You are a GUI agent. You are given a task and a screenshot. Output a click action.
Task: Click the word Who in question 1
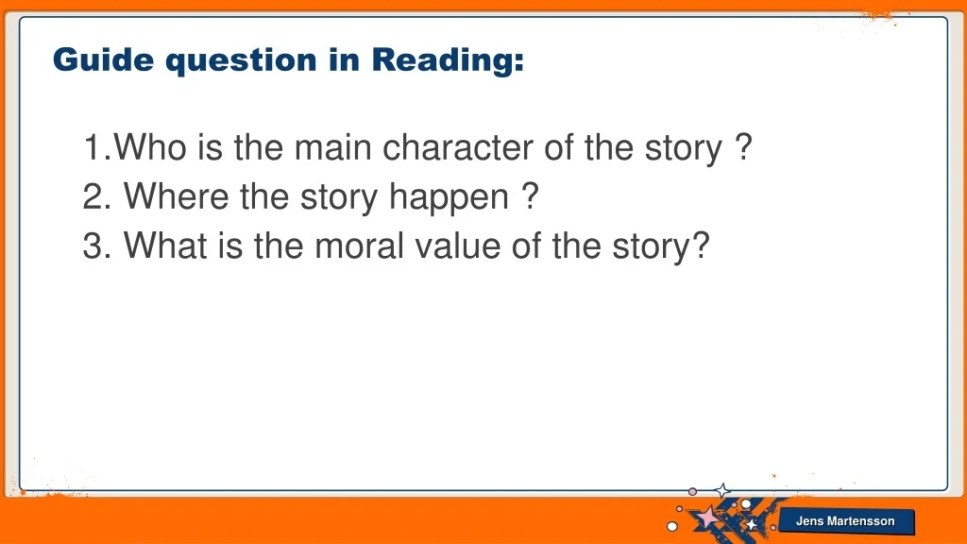pyautogui.click(x=150, y=147)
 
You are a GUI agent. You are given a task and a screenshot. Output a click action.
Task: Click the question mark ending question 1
pyautogui.click(x=744, y=146)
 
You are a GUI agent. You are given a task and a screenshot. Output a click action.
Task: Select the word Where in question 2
pyautogui.click(x=176, y=196)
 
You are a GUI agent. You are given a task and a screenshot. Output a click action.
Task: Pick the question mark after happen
pyautogui.click(x=531, y=196)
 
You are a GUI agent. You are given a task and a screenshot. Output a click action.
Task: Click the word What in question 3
pyautogui.click(x=164, y=246)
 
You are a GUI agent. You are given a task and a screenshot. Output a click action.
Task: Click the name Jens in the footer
pyautogui.click(x=809, y=521)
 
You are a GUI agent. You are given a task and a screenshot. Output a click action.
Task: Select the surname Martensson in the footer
pyautogui.click(x=860, y=521)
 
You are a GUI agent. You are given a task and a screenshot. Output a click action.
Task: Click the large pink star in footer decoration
pyautogui.click(x=707, y=517)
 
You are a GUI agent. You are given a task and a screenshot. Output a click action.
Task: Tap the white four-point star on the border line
pyautogui.click(x=722, y=491)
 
